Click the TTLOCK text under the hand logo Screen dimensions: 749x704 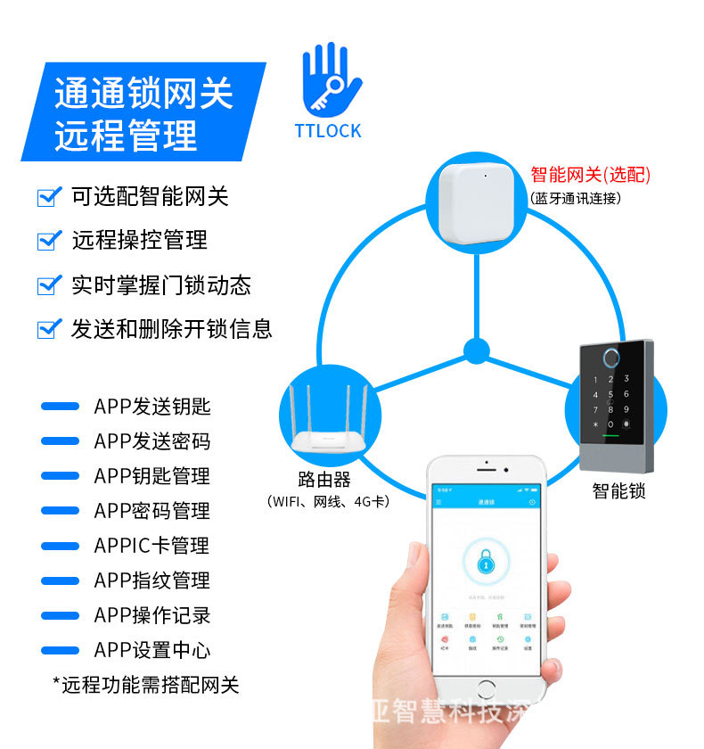coord(328,131)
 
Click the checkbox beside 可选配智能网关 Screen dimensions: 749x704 coord(48,197)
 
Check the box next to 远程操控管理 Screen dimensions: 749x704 coord(48,241)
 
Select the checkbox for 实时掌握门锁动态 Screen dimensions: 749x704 coord(48,285)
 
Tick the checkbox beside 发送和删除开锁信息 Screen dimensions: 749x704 coord(48,329)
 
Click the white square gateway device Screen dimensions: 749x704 coord(477,205)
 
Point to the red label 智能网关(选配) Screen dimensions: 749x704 coord(590,175)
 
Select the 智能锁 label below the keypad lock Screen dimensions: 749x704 coord(618,490)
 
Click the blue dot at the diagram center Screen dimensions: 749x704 coord(477,350)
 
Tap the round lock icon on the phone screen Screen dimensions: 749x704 coord(486,561)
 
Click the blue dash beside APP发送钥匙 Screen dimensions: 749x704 coord(60,407)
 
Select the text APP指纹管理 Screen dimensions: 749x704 coord(151,581)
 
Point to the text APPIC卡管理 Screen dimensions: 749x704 coord(151,547)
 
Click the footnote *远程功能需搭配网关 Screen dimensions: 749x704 coord(146,685)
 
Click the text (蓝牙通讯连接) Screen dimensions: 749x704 coord(575,198)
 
